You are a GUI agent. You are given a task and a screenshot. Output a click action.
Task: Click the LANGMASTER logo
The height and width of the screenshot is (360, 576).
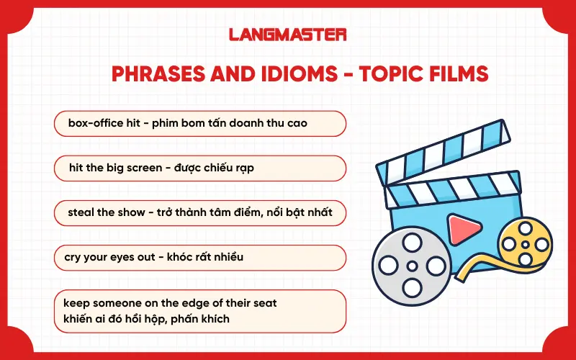(288, 34)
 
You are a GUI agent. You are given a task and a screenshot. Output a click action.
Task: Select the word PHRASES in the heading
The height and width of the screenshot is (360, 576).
(153, 73)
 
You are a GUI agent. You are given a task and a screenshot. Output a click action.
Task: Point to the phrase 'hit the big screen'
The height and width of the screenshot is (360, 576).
(112, 168)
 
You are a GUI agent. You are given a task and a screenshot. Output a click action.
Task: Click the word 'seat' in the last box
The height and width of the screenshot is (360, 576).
(264, 303)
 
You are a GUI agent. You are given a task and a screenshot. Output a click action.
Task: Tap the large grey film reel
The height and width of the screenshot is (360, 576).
(412, 266)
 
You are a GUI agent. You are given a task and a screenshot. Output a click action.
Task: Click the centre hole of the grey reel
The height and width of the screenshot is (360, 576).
(412, 266)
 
